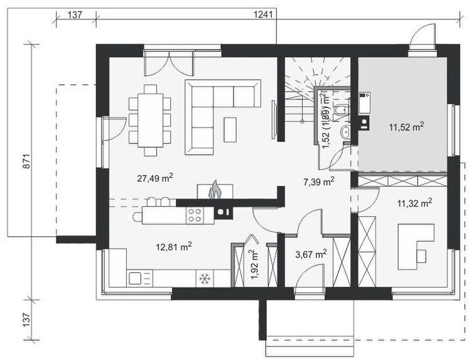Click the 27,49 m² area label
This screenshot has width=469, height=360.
pyautogui.click(x=155, y=178)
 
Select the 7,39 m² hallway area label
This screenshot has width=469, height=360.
pyautogui.click(x=319, y=181)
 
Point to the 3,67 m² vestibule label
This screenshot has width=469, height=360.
pyautogui.click(x=311, y=254)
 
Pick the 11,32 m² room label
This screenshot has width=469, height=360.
pyautogui.click(x=414, y=203)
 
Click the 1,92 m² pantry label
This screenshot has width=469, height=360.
pyautogui.click(x=255, y=264)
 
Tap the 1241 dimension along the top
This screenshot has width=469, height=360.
pyautogui.click(x=263, y=15)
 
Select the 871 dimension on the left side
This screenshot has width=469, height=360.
pyautogui.click(x=26, y=161)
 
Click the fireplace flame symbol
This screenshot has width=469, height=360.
pyautogui.click(x=215, y=190)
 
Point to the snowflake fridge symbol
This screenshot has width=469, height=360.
pyautogui.click(x=205, y=279)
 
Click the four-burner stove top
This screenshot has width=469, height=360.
pyautogui.click(x=194, y=216)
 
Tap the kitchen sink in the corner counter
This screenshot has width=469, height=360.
pyautogui.click(x=135, y=278)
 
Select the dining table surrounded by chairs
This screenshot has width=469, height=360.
pyautogui.click(x=150, y=120)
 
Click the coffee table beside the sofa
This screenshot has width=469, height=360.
pyautogui.click(x=230, y=130)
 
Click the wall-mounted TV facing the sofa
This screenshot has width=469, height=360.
pyautogui.click(x=274, y=119)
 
